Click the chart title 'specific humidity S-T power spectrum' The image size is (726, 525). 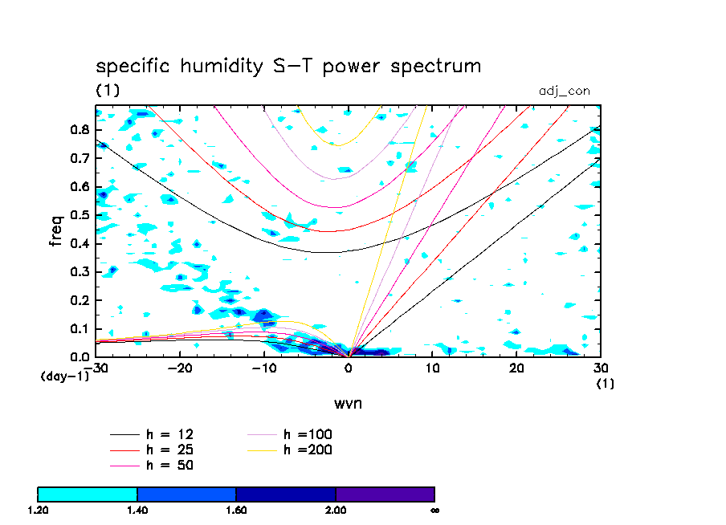(x=288, y=67)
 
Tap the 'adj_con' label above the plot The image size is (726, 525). (x=564, y=91)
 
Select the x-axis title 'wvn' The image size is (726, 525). (x=348, y=402)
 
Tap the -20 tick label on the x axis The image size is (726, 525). (x=179, y=368)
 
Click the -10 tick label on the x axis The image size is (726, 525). (x=263, y=368)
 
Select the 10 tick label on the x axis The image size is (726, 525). (x=433, y=368)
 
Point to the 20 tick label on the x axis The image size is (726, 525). (x=517, y=368)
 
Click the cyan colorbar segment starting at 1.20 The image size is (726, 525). (x=88, y=494)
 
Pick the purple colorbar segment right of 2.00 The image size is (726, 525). (x=385, y=494)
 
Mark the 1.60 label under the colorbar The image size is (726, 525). (x=236, y=510)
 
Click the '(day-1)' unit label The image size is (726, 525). (x=65, y=376)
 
